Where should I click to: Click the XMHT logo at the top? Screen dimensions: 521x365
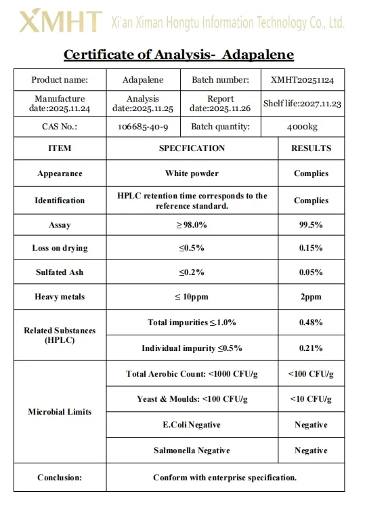[x=60, y=22]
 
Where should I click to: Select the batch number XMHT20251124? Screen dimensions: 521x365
[x=302, y=80]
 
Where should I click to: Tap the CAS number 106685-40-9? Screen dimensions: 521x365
[x=142, y=127]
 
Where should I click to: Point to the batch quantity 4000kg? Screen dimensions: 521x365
[x=302, y=127]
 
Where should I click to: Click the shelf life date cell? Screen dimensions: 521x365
[x=302, y=104]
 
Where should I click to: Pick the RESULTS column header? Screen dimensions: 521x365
[x=311, y=148]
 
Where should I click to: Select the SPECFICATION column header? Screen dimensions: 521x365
[x=192, y=148]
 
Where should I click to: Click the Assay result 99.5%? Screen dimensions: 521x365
[x=311, y=225]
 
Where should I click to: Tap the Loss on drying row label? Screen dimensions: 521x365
[x=60, y=248]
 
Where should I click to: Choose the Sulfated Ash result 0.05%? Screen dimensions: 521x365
[x=311, y=272]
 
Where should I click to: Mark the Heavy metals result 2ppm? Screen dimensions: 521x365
[x=311, y=297]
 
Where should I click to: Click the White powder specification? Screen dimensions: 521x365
[x=192, y=173]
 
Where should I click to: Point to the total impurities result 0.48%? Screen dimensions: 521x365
[x=311, y=322]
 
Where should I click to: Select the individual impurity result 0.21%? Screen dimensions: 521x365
[x=311, y=348]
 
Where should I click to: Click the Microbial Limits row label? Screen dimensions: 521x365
[x=60, y=412]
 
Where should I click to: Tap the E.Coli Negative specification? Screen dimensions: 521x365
[x=192, y=425]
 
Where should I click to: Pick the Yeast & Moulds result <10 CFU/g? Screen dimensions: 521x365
[x=311, y=399]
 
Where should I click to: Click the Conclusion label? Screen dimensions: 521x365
[x=60, y=478]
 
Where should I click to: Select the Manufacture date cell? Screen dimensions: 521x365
[x=60, y=104]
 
